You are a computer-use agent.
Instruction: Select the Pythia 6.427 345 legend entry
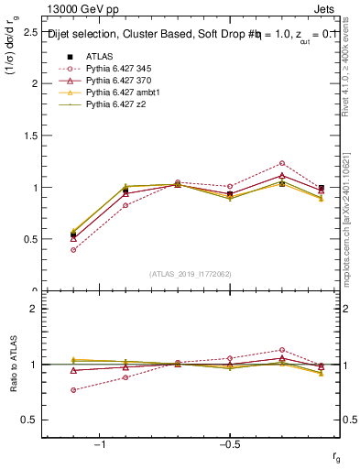122,68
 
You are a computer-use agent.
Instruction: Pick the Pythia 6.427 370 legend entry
122,81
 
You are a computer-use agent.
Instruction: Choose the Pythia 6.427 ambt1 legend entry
125,93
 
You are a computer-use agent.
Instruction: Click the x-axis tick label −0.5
228,443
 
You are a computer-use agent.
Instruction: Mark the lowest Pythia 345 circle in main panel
73,249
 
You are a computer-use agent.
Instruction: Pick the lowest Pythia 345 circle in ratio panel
73,390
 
